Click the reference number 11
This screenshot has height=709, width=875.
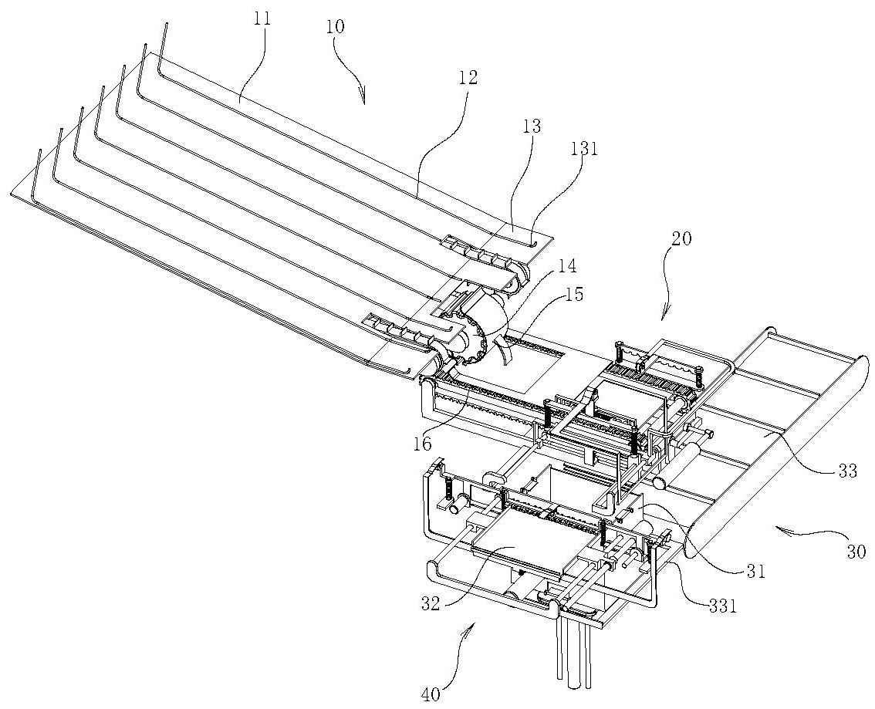point(262,19)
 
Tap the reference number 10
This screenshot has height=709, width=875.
point(335,26)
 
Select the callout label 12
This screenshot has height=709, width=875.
point(468,77)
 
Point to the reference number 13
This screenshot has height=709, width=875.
point(532,126)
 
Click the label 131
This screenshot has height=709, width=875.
point(585,150)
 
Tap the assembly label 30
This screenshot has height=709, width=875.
point(857,552)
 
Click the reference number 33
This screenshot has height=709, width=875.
point(847,471)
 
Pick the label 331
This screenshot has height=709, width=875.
point(724,606)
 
